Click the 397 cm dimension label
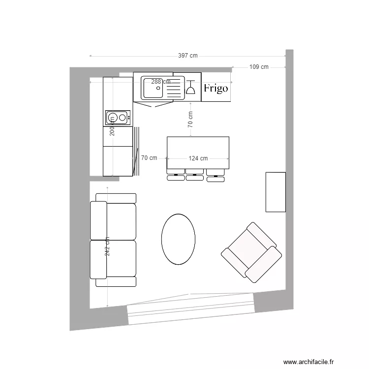tap(187, 56)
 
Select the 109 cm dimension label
tap(259, 67)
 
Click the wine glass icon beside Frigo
tap(190, 87)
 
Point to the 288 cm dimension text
tap(160, 82)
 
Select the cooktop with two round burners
tap(118, 117)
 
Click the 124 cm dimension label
tap(198, 158)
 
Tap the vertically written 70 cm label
tap(190, 120)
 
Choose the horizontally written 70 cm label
tap(149, 158)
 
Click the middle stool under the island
tap(195, 175)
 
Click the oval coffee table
tap(178, 239)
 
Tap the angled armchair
tap(251, 252)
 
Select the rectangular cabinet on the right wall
tap(276, 192)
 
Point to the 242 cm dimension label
tap(107, 246)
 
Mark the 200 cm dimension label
tap(112, 129)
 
